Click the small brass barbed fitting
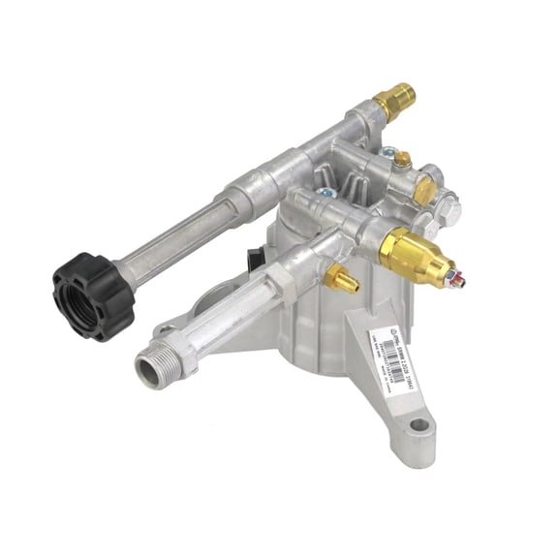click(342, 282)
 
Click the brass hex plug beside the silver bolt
click(424, 192)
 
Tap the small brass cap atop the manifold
click(401, 158)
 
